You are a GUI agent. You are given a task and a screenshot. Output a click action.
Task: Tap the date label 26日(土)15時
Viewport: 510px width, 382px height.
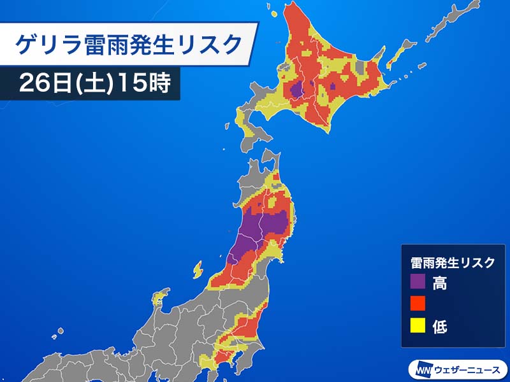tap(95, 84)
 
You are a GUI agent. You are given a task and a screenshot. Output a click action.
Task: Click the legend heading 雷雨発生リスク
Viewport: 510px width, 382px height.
tap(452, 262)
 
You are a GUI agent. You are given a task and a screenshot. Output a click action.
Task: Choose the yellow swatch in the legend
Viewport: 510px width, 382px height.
tap(418, 326)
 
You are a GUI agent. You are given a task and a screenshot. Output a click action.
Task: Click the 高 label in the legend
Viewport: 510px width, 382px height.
tap(439, 283)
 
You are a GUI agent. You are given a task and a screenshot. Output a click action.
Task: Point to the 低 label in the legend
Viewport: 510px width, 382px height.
tap(439, 327)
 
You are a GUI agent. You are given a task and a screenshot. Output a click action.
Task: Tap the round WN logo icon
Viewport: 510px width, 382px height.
tap(423, 369)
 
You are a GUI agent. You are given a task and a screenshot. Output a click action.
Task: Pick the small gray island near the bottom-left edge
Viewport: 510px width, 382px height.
tap(61, 331)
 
